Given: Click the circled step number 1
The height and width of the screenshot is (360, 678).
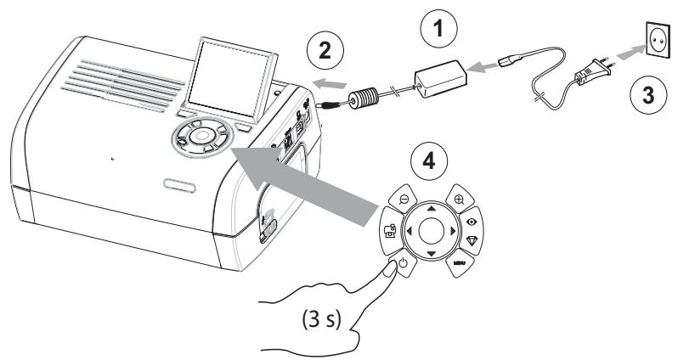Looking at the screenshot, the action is click(x=438, y=29).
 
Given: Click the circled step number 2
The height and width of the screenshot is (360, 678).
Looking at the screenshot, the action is click(x=325, y=51).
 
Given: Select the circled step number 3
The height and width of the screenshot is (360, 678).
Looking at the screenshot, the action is click(x=648, y=95).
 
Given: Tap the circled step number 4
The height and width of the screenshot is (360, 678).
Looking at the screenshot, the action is click(x=428, y=161).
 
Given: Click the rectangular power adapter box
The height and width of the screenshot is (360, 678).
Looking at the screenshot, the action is click(x=441, y=79).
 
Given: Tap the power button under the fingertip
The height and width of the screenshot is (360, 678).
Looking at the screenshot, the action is click(x=403, y=262).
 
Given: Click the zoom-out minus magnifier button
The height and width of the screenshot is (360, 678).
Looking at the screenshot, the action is click(x=403, y=199).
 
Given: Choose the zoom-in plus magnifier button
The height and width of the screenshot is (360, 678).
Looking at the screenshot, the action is click(x=460, y=199).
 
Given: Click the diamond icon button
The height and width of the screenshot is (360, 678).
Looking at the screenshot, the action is click(x=472, y=241).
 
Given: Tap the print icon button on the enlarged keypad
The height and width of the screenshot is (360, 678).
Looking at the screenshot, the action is click(x=391, y=230).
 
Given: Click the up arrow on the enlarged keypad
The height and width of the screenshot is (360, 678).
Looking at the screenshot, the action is click(x=431, y=208).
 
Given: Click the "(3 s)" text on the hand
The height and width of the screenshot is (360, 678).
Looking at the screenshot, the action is click(x=322, y=320).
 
